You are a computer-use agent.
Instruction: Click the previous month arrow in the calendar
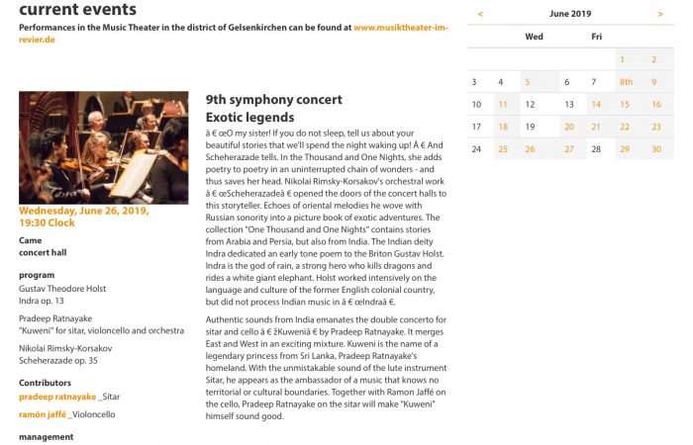480,14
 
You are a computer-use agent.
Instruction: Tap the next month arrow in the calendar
660,14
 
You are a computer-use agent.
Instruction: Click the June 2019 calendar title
569,14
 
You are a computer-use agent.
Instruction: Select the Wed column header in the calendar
534,37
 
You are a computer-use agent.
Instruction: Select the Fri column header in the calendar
596,37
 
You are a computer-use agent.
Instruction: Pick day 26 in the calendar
530,149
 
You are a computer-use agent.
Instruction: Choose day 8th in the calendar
626,82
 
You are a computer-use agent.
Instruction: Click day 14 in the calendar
596,104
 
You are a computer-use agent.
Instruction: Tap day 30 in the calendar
655,149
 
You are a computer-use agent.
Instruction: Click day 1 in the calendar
623,60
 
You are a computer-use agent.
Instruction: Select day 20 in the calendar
568,127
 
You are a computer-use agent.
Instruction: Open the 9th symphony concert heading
274,100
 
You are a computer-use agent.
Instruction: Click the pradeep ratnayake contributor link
57,397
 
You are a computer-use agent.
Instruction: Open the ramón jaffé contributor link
43,414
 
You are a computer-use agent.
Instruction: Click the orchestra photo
103,147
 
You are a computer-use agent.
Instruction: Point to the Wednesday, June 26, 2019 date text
83,212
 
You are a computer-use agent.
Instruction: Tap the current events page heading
77,10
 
